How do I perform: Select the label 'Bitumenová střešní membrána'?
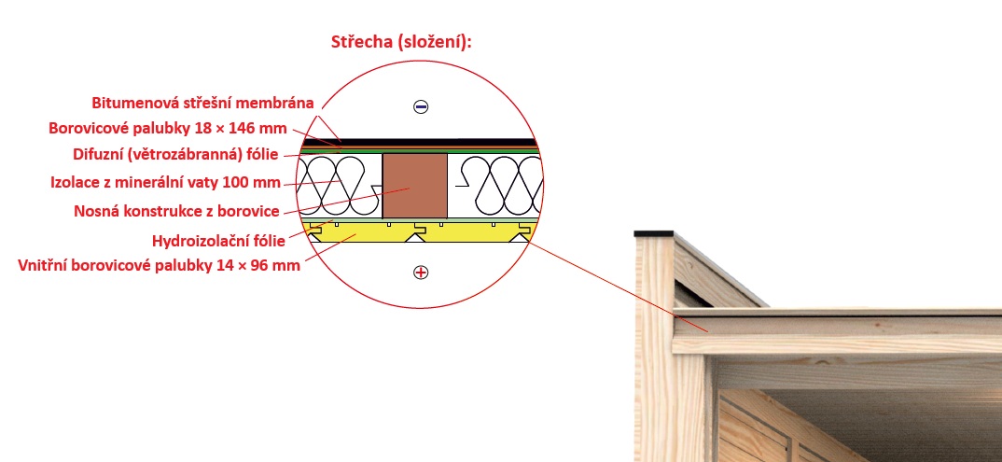pos(202,103)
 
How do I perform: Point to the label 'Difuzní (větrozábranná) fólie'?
pos(174,155)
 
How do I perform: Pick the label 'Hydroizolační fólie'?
pos(230,241)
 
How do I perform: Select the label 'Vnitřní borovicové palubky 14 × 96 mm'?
pos(159,265)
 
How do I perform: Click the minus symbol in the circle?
pos(421,107)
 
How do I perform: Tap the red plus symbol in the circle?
pos(421,273)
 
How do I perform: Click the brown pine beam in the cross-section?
pos(415,187)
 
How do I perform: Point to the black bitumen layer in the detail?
pos(438,142)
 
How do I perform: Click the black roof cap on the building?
pos(652,232)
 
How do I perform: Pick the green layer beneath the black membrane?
pos(438,149)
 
